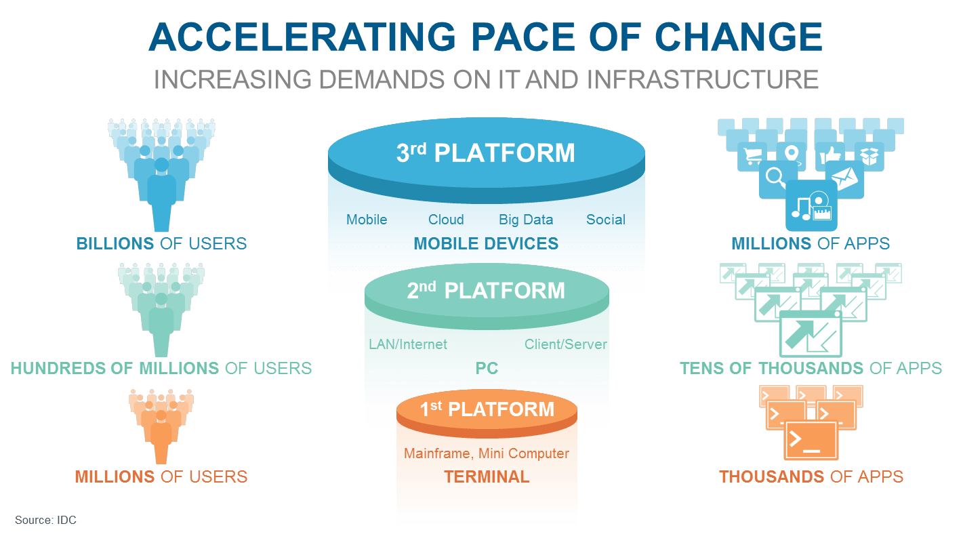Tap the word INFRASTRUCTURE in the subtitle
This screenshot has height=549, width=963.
pyautogui.click(x=703, y=79)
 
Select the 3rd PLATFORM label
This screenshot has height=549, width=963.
pyautogui.click(x=485, y=153)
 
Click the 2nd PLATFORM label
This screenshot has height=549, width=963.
pyautogui.click(x=485, y=291)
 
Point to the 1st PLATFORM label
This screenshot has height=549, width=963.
pyautogui.click(x=487, y=409)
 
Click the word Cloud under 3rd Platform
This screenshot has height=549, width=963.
pyautogui.click(x=446, y=220)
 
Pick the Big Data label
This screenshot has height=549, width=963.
pyautogui.click(x=526, y=220)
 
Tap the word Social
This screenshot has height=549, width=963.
pyautogui.click(x=606, y=220)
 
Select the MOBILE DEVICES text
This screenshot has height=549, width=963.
pyautogui.click(x=486, y=243)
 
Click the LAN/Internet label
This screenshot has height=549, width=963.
pyautogui.click(x=408, y=344)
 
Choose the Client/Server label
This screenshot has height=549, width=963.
pyautogui.click(x=566, y=344)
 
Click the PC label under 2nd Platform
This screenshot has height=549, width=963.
pyautogui.click(x=487, y=369)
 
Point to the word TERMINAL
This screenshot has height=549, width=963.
pyautogui.click(x=487, y=477)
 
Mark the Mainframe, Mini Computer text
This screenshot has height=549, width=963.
pyautogui.click(x=487, y=453)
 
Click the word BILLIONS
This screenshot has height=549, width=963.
pyautogui.click(x=116, y=243)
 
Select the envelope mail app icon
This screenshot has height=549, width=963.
pyautogui.click(x=844, y=179)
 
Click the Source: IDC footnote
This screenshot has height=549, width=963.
pyautogui.click(x=45, y=520)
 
